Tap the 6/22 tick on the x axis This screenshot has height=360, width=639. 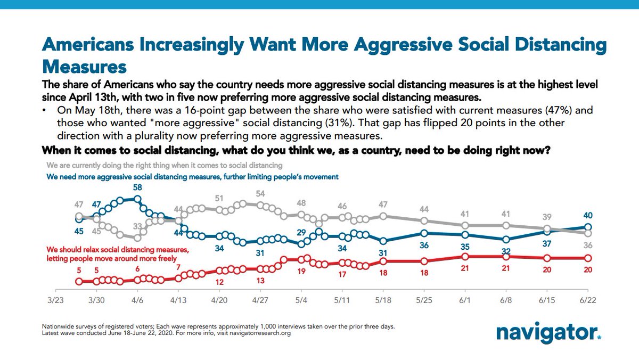click(587, 300)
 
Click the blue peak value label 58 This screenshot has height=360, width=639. click(138, 187)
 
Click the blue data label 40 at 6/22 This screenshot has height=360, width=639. click(587, 216)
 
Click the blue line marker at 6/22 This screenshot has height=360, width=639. click(588, 227)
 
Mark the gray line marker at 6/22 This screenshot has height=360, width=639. click(588, 233)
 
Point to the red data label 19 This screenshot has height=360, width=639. click(301, 271)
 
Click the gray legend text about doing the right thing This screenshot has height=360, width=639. click(164, 166)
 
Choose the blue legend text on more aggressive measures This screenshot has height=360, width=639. click(192, 176)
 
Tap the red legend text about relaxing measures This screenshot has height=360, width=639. click(117, 253)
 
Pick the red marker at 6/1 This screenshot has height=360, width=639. click(465, 256)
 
